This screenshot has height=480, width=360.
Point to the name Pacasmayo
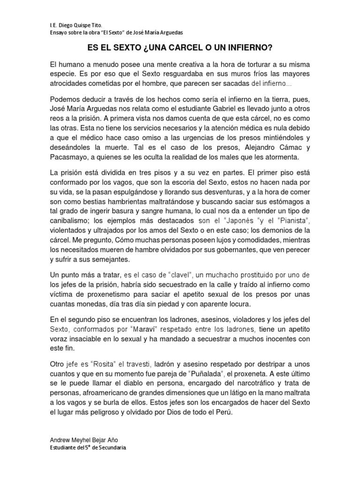tap(68, 157)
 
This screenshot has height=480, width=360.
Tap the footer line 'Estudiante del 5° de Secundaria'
tap(88, 448)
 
